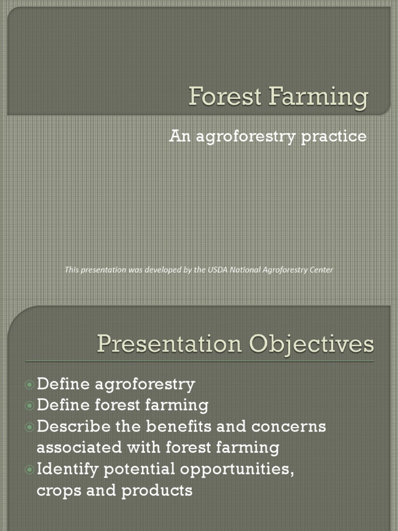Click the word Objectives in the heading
[x=310, y=345]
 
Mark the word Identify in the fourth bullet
[x=68, y=470]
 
